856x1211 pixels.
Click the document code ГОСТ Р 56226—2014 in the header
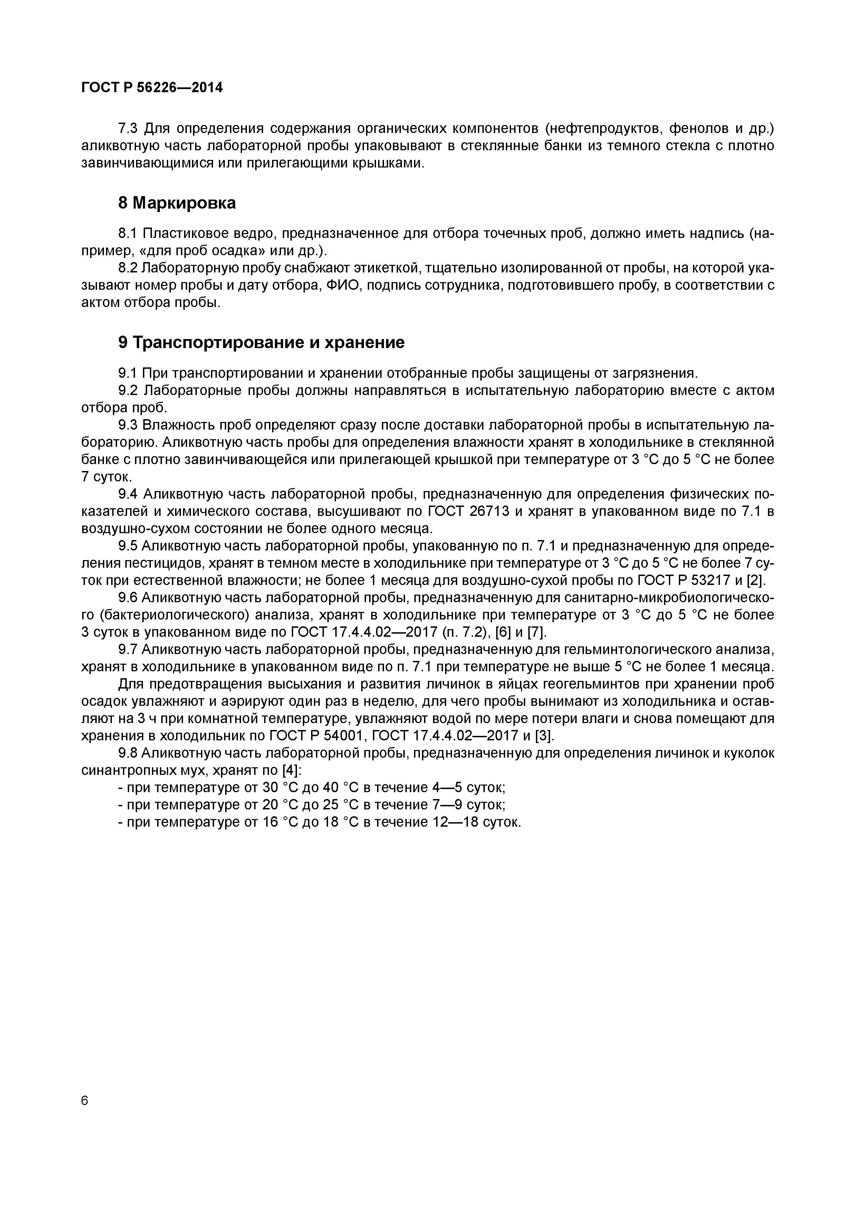coord(152,88)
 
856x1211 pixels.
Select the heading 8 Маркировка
coord(177,203)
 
